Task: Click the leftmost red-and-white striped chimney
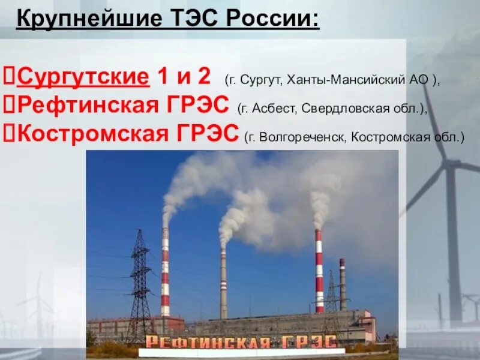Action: click(x=165, y=270)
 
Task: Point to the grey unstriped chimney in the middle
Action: click(x=223, y=282)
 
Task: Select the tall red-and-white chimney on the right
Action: click(x=319, y=270)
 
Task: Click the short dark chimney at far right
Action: click(x=342, y=282)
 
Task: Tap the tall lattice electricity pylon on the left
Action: click(x=140, y=282)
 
